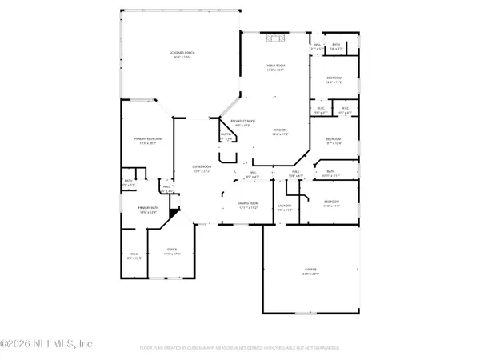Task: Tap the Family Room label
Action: [275, 66]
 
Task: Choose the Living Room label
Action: [201, 166]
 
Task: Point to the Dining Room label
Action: [248, 203]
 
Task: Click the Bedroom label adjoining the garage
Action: [331, 201]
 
